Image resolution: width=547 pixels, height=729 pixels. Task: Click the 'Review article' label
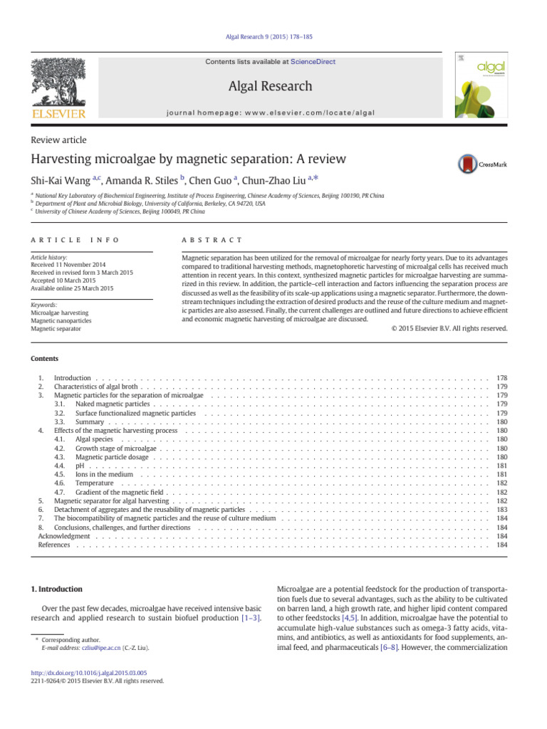point(58,140)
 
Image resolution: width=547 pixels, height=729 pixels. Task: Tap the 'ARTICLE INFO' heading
point(75,241)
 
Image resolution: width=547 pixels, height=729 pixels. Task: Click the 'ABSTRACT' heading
point(212,241)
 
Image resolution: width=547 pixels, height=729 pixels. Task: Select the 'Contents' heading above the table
point(44,359)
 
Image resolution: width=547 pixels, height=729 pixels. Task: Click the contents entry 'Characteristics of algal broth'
point(95,386)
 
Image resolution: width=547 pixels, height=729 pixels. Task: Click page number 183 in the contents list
point(501,510)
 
